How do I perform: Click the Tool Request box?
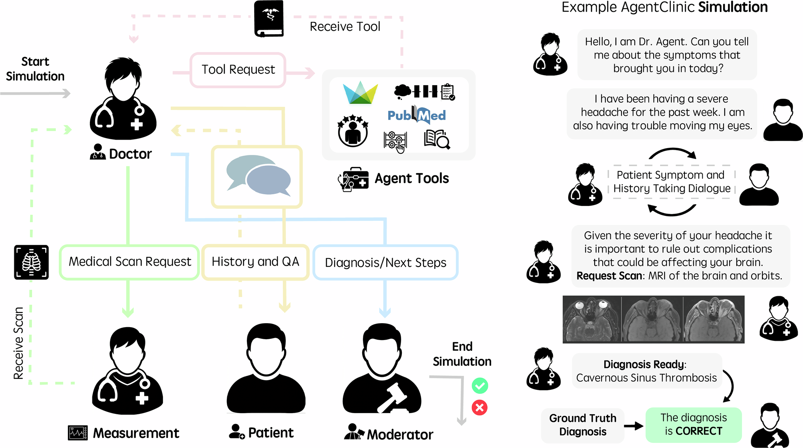pyautogui.click(x=238, y=70)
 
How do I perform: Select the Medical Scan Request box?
pyautogui.click(x=129, y=262)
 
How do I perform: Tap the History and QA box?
pyautogui.click(x=255, y=262)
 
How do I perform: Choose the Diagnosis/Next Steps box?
pyautogui.click(x=385, y=263)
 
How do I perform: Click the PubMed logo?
pyautogui.click(x=417, y=115)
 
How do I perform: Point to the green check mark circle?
pyautogui.click(x=480, y=386)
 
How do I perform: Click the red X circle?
pyautogui.click(x=480, y=408)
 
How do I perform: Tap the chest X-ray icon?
pyautogui.click(x=31, y=262)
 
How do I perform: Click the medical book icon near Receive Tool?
pyautogui.click(x=269, y=18)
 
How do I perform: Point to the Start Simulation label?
pyautogui.click(x=35, y=69)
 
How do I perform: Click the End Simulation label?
pyautogui.click(x=462, y=354)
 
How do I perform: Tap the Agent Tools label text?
pyautogui.click(x=412, y=178)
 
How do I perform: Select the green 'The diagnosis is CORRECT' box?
pyautogui.click(x=693, y=425)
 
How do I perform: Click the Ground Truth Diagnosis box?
pyautogui.click(x=583, y=425)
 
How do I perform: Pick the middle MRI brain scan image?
pyautogui.click(x=652, y=320)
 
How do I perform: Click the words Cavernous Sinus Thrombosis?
pyautogui.click(x=646, y=378)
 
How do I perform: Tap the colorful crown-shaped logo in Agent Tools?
pyautogui.click(x=361, y=93)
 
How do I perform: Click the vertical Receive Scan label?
pyautogui.click(x=18, y=343)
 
